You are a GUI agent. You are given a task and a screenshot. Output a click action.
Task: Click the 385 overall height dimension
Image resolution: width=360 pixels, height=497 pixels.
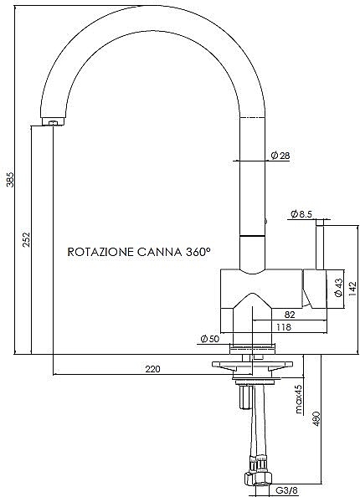tap(10, 179)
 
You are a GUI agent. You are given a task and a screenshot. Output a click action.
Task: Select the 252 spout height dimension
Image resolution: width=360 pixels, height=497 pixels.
tap(27, 239)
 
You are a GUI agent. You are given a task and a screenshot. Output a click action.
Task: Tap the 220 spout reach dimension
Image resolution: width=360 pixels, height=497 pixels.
tap(153, 369)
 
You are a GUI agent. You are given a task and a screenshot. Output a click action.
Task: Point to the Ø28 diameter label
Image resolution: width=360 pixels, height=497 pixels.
tap(280, 156)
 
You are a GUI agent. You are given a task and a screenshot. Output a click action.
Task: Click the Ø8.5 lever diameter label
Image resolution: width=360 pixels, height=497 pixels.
tap(301, 214)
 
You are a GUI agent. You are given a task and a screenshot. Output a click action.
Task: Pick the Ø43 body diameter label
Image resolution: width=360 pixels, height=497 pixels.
tap(339, 288)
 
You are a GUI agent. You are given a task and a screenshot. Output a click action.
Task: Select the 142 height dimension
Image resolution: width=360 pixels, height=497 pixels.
tap(352, 289)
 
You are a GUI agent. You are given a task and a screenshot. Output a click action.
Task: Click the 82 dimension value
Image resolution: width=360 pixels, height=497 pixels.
tap(290, 315)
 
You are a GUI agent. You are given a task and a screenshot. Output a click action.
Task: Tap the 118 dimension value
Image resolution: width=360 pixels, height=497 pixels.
tap(284, 327)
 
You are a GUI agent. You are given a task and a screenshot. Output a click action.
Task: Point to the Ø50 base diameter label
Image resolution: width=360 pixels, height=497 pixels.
tap(210, 339)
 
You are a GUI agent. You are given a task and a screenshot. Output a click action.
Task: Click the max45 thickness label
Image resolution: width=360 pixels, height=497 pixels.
tap(299, 399)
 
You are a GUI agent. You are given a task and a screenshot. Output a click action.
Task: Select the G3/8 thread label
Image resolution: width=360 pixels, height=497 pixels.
tap(286, 490)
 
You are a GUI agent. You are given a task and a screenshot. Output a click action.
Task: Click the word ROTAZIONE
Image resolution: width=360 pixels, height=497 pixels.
tap(100, 252)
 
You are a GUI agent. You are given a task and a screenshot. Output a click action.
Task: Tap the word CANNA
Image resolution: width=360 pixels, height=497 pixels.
tap(160, 252)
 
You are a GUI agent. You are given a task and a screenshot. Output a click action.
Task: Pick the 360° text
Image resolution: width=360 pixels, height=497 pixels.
tap(198, 252)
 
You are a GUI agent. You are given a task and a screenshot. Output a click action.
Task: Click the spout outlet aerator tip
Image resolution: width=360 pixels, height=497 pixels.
tap(54, 122)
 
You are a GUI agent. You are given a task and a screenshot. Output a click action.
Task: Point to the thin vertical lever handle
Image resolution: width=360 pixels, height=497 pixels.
tap(320, 244)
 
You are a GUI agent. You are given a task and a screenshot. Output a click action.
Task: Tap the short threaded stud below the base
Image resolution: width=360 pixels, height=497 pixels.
tap(245, 397)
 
